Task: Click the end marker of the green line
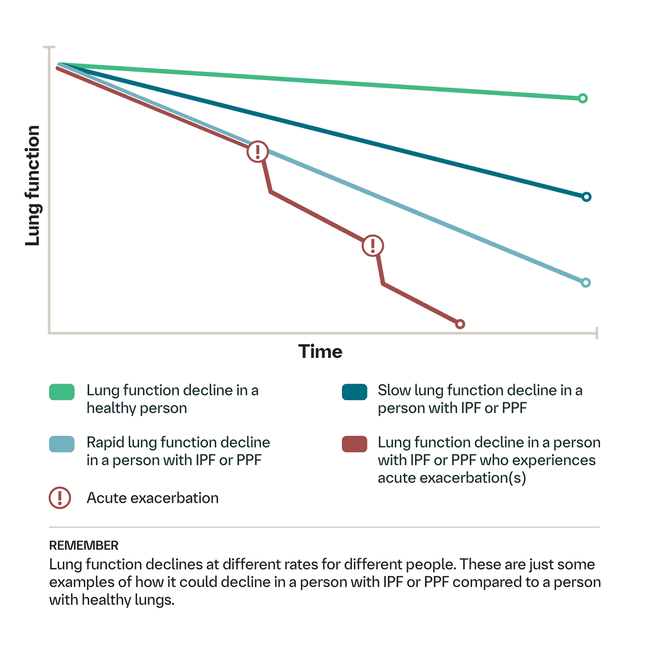tap(582, 98)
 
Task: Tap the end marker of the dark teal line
tap(586, 197)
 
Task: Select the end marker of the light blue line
tap(586, 283)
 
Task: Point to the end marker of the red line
tap(460, 324)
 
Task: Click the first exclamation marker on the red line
tap(258, 152)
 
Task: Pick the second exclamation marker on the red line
tap(373, 246)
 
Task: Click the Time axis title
tap(320, 351)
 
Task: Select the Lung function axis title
tap(32, 186)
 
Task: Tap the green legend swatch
tap(62, 392)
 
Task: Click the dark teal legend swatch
tap(354, 392)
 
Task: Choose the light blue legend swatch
tap(62, 444)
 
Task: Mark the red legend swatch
tap(354, 444)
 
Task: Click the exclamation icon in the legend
tap(60, 498)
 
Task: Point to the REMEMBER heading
tap(84, 546)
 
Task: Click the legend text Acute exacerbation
tap(153, 498)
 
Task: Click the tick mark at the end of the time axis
tap(597, 333)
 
